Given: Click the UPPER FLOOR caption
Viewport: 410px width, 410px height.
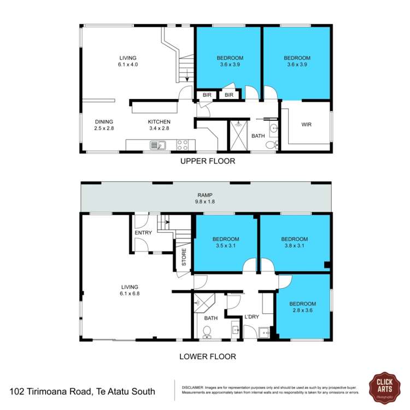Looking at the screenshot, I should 208,161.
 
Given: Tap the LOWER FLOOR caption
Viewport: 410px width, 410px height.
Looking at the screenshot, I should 208,356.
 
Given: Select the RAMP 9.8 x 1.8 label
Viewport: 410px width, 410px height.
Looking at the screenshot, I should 206,197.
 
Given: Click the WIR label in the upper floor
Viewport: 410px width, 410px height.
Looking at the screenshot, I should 307,125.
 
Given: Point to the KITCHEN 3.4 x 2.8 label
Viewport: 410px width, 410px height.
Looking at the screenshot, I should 160,125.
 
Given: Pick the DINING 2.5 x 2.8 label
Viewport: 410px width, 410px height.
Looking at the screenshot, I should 104,125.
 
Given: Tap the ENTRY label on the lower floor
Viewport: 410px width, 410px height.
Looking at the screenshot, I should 143,233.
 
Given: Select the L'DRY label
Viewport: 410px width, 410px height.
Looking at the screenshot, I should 251,317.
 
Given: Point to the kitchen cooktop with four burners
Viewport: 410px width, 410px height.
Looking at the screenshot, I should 183,145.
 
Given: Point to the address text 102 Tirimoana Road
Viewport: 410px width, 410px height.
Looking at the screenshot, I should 83,391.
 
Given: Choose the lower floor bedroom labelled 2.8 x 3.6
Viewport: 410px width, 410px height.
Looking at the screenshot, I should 303,307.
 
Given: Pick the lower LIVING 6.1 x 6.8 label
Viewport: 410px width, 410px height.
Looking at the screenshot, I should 130,290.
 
